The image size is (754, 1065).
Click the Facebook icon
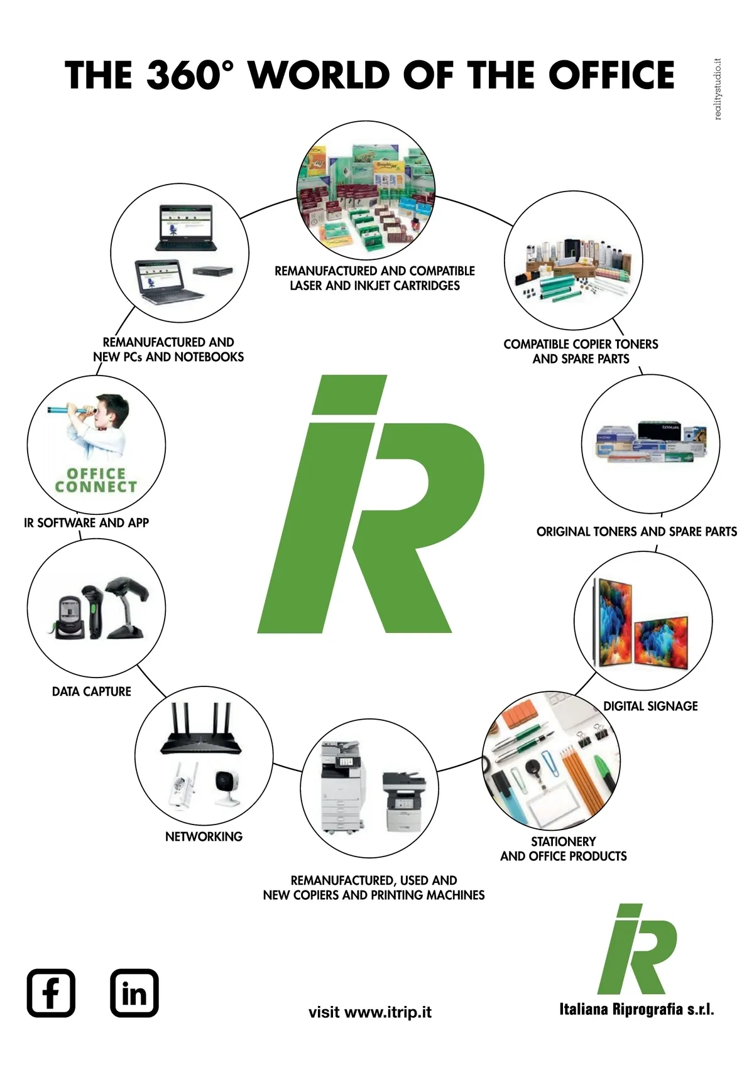51,993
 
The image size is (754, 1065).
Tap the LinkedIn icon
134,993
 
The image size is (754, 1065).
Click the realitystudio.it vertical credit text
718,89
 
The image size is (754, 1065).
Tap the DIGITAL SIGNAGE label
650,706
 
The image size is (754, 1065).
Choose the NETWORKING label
204,836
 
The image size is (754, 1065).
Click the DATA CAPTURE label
92,691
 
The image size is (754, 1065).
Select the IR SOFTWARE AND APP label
86,522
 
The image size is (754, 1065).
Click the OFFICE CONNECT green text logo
96,480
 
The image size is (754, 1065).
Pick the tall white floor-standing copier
341,787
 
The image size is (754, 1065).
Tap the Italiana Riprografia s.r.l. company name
636,1009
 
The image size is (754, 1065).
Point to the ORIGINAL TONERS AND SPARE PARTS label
637,531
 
